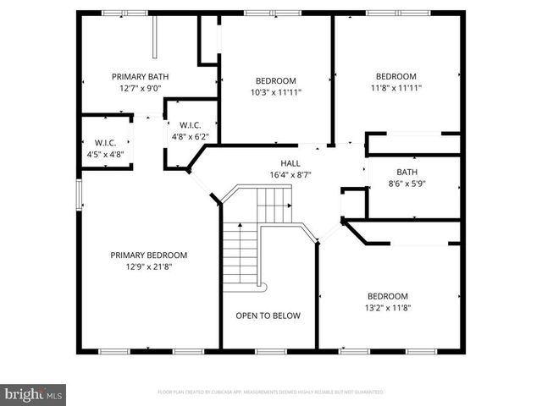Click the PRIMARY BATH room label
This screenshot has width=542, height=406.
tap(141, 76)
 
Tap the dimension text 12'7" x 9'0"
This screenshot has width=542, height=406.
tap(141, 87)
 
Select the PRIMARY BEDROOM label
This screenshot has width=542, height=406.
tap(148, 255)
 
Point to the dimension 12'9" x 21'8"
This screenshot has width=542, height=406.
tap(148, 266)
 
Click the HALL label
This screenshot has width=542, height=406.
tap(290, 163)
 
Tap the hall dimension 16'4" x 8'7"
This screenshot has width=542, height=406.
tap(290, 175)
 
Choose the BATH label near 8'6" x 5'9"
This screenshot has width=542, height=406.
tap(406, 172)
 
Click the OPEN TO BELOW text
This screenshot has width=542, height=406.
tap(268, 315)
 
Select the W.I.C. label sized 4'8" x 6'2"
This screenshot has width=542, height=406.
tap(189, 125)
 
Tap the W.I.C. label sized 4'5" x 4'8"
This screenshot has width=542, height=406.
tap(105, 143)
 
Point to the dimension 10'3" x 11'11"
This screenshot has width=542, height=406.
tap(276, 92)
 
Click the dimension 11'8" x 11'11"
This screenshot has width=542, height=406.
tap(396, 87)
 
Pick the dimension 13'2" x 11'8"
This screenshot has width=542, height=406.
tap(388, 307)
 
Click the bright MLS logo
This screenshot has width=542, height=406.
tap(34, 394)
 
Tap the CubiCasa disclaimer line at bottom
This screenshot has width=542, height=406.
tap(271, 392)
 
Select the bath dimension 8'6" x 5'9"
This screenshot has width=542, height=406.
tap(406, 183)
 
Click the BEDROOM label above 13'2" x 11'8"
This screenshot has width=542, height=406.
tap(388, 296)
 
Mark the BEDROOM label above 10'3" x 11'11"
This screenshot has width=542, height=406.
tap(276, 80)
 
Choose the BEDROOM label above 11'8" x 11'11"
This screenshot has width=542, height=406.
tap(396, 75)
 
